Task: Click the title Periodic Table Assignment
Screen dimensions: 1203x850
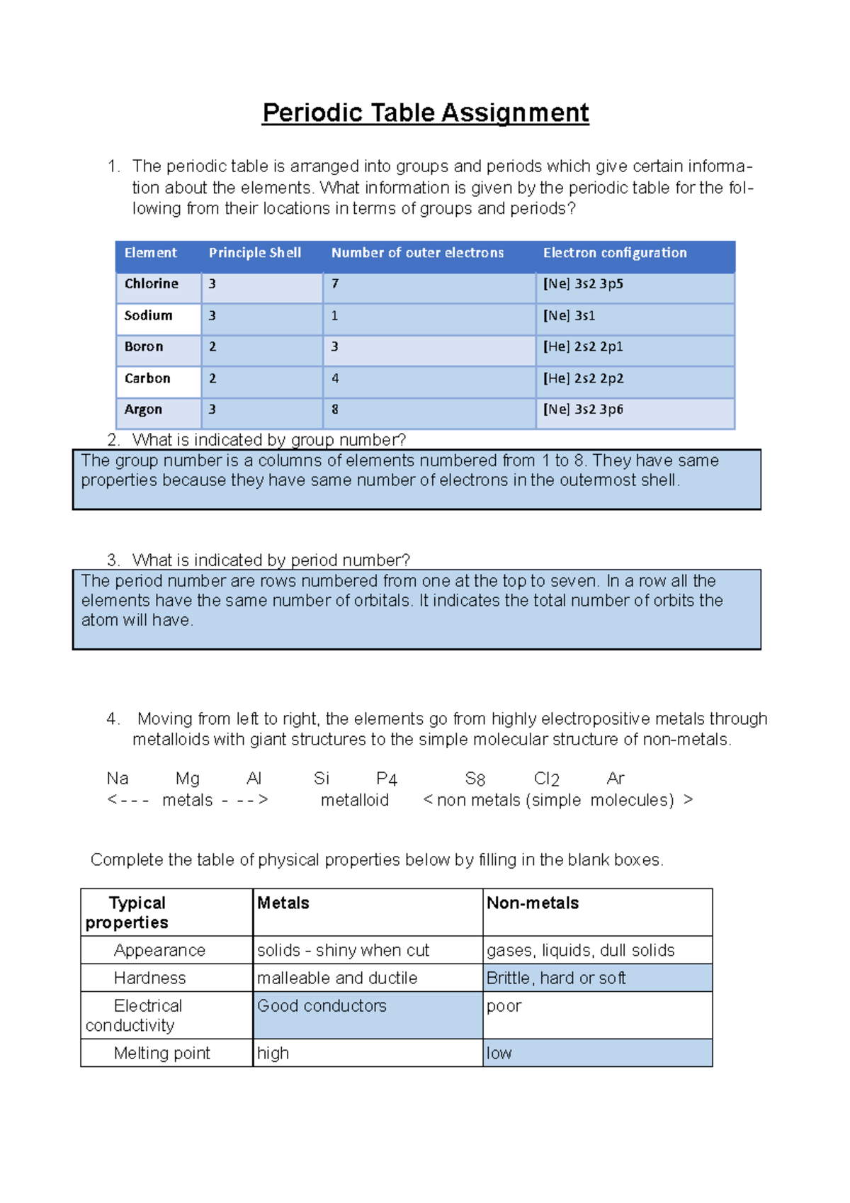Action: click(425, 113)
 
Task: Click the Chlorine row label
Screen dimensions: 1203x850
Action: click(152, 283)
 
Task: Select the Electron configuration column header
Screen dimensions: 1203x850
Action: click(615, 253)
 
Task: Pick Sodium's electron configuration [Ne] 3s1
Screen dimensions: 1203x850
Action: click(569, 315)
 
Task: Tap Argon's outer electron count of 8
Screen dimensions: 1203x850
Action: click(335, 410)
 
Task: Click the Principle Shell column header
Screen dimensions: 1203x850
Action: click(255, 253)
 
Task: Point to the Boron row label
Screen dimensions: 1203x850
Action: click(144, 346)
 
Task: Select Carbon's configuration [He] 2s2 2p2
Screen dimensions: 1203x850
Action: click(583, 378)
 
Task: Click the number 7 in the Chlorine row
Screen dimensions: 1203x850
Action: click(335, 283)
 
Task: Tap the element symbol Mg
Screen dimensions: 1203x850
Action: click(188, 779)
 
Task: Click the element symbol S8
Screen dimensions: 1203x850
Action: click(475, 779)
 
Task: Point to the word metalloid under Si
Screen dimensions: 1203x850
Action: click(354, 800)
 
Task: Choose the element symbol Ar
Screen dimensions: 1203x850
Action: click(616, 779)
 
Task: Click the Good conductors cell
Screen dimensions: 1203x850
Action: click(322, 1005)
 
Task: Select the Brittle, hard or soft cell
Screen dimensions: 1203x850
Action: click(556, 978)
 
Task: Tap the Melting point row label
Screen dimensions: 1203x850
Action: click(161, 1053)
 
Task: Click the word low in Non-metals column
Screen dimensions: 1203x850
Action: click(499, 1053)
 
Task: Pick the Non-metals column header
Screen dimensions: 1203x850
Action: click(533, 903)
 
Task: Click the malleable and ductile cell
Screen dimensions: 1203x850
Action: click(337, 978)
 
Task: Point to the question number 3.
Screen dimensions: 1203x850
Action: click(113, 560)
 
